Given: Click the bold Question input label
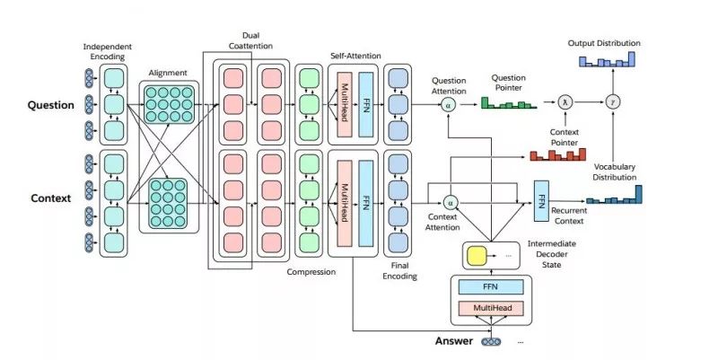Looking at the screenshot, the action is (50, 105).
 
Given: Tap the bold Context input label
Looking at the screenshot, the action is (51, 198).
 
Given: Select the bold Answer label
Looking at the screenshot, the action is (454, 341).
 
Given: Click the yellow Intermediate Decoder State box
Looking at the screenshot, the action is (476, 256).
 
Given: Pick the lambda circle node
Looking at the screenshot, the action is (565, 102).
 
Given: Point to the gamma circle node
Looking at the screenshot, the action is (613, 102).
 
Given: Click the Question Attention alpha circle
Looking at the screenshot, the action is (449, 105).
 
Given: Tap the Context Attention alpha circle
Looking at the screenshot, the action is (451, 202).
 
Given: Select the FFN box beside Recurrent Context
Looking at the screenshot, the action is (541, 200).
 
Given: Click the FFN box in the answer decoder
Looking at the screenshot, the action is (490, 286).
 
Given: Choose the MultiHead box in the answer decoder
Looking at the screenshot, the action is (490, 308).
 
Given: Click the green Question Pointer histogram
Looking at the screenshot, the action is (508, 103).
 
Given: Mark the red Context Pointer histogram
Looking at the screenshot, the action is (557, 154).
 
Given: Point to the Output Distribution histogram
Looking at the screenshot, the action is (608, 59).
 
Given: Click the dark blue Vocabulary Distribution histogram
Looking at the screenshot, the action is (614, 195).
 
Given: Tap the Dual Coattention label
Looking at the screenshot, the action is (250, 40).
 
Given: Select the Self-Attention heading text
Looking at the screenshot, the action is (355, 56).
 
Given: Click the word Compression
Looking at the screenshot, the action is (311, 272).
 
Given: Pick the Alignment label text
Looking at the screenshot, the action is (168, 73).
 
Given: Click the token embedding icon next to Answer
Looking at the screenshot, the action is (491, 341).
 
